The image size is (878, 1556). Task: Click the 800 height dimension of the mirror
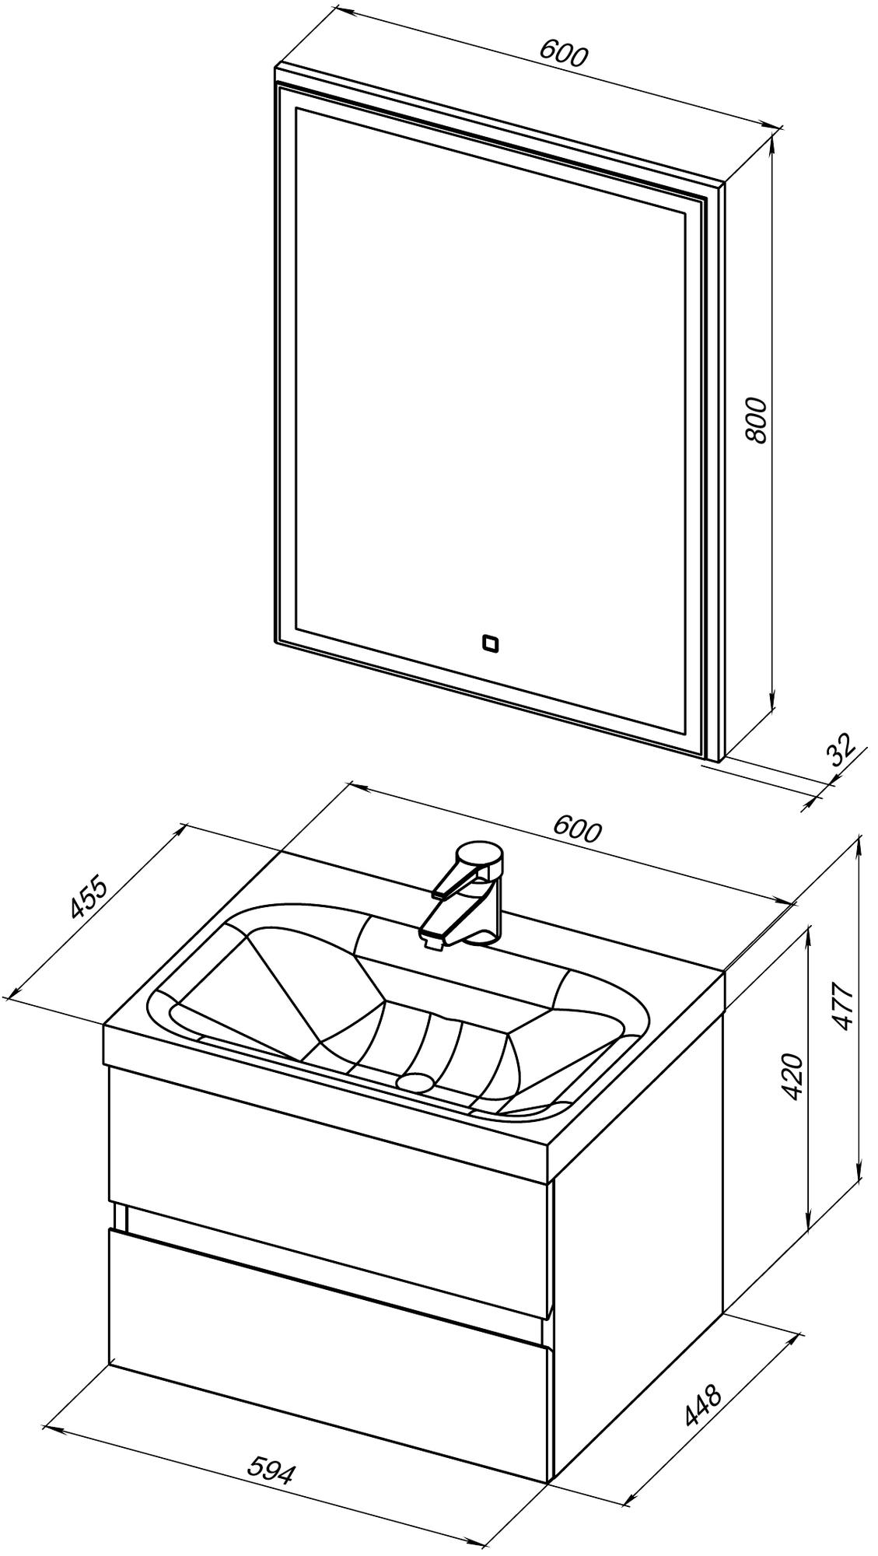tap(756, 420)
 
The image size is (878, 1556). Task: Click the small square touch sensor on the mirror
tap(490, 643)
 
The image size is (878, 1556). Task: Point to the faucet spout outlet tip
tap(433, 944)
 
